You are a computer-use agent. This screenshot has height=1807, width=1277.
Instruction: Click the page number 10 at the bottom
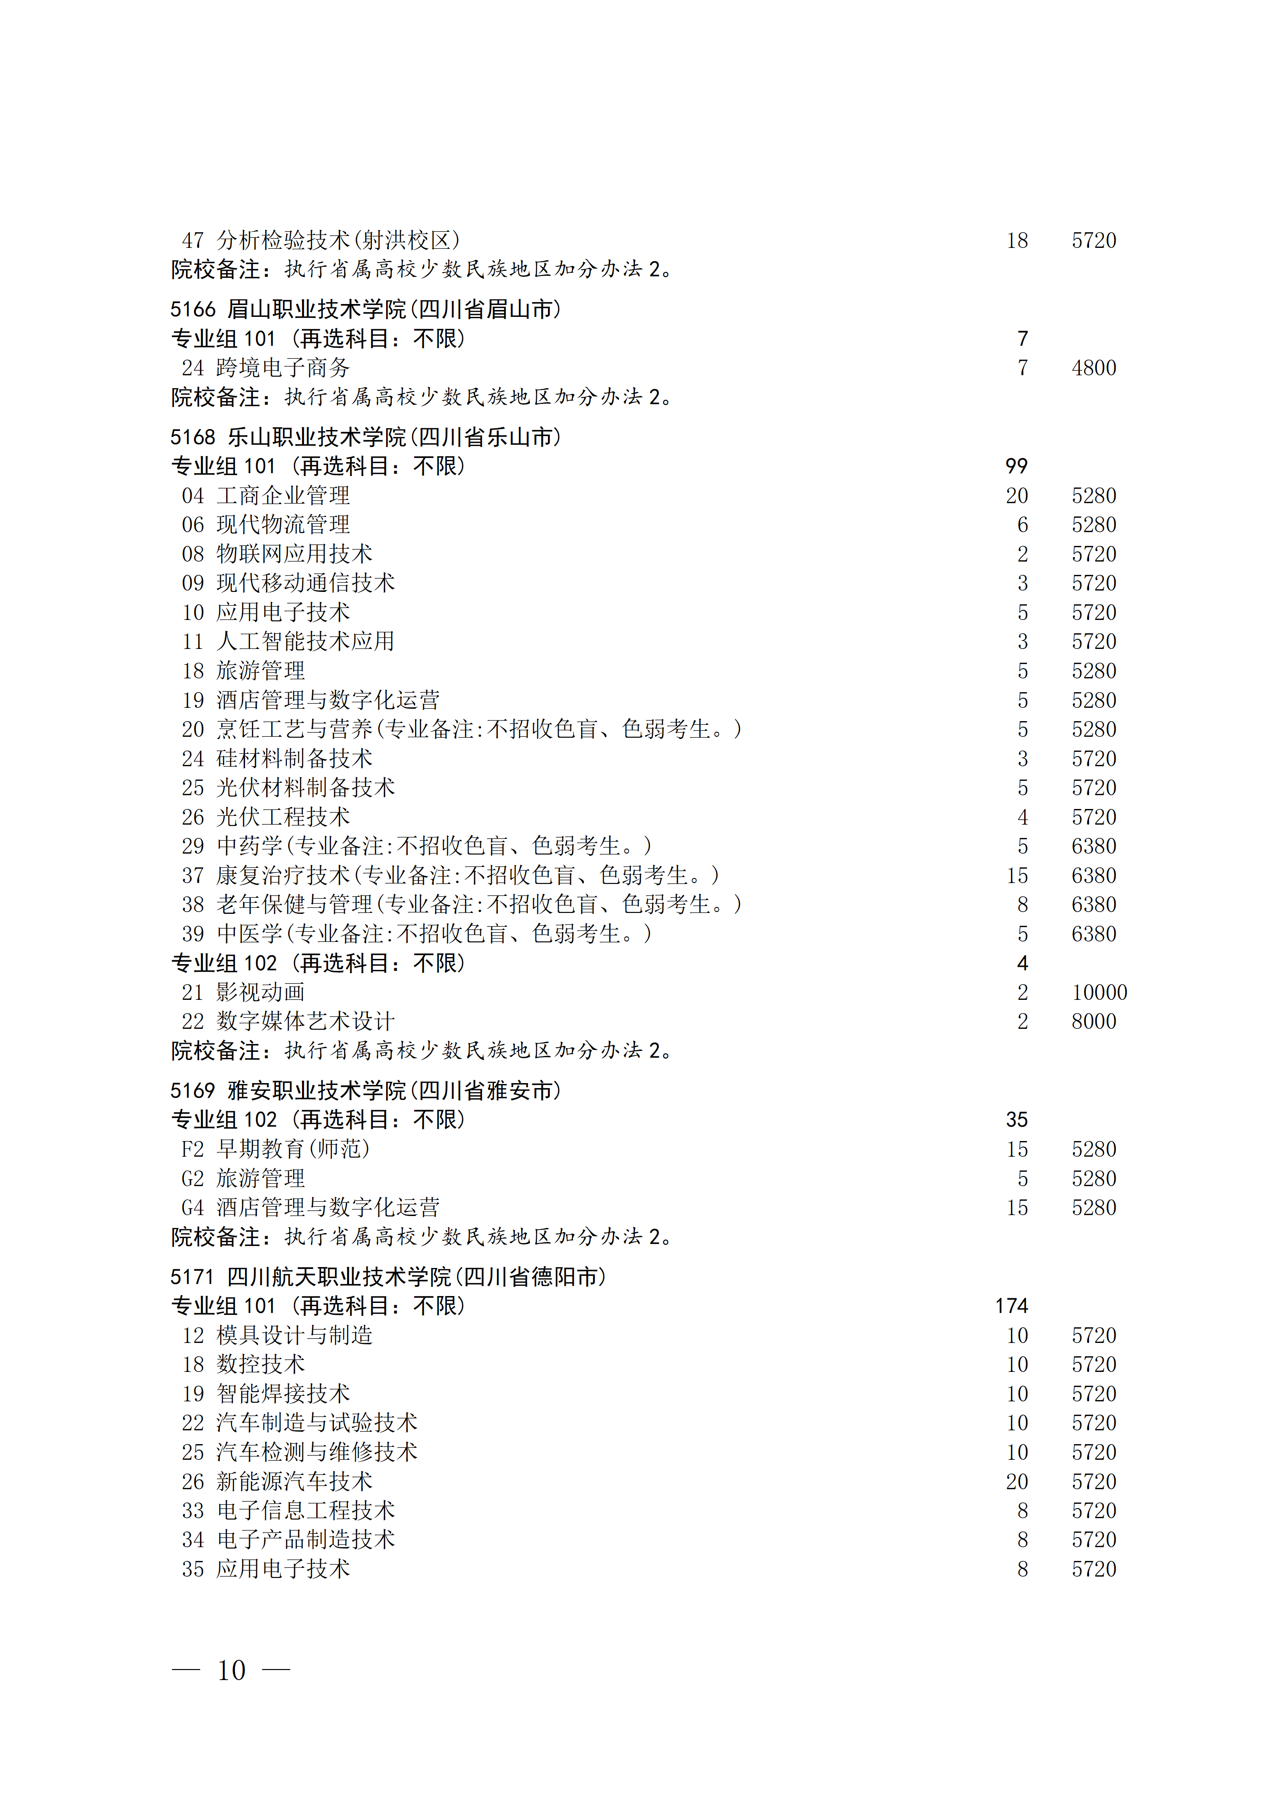click(x=231, y=1669)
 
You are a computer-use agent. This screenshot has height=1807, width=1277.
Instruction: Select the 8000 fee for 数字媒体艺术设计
click(x=1093, y=1021)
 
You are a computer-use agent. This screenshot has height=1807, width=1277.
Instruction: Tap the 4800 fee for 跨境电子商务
click(x=1093, y=367)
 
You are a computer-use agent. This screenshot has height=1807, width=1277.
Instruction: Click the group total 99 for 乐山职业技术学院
click(x=1016, y=466)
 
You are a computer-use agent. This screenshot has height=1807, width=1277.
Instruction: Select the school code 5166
click(x=192, y=310)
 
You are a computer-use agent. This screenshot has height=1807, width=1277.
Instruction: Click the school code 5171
click(x=192, y=1277)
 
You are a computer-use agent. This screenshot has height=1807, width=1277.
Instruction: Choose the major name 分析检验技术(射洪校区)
click(x=338, y=240)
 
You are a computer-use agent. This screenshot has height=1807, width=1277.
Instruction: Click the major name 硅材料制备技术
click(x=294, y=759)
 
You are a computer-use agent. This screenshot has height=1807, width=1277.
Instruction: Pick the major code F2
click(x=193, y=1149)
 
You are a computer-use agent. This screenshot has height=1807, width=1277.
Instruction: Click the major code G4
click(x=193, y=1207)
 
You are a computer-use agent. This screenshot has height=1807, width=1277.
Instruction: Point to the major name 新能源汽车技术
click(x=294, y=1481)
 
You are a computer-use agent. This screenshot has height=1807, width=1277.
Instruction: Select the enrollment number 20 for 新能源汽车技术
click(x=1016, y=1481)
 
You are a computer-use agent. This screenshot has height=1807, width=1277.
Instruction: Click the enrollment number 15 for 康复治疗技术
click(x=1016, y=875)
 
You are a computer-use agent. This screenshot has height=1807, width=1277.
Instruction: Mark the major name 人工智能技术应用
click(x=305, y=642)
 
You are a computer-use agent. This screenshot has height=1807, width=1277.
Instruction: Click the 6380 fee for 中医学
click(x=1093, y=934)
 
